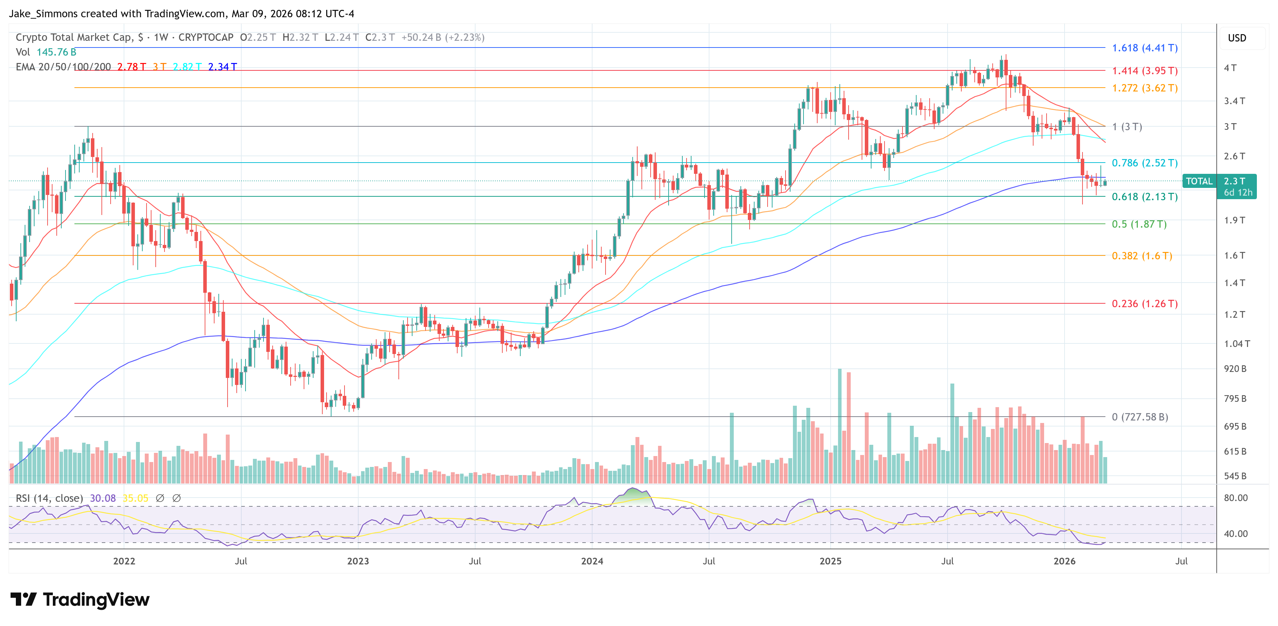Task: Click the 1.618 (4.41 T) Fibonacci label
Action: pyautogui.click(x=1144, y=48)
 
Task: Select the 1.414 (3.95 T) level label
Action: pyautogui.click(x=1144, y=71)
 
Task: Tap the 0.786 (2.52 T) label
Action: pyautogui.click(x=1144, y=163)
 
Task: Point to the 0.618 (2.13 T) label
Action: pyautogui.click(x=1144, y=197)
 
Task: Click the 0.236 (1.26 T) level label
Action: pyautogui.click(x=1144, y=304)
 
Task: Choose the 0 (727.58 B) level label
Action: pyautogui.click(x=1139, y=417)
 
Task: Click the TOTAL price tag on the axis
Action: pyautogui.click(x=1199, y=182)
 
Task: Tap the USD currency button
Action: pyautogui.click(x=1236, y=38)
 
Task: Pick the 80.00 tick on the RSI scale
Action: pyautogui.click(x=1235, y=498)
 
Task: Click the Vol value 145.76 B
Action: pyautogui.click(x=56, y=52)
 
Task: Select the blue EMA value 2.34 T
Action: pyautogui.click(x=222, y=67)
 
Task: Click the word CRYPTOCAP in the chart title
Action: pyautogui.click(x=205, y=38)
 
